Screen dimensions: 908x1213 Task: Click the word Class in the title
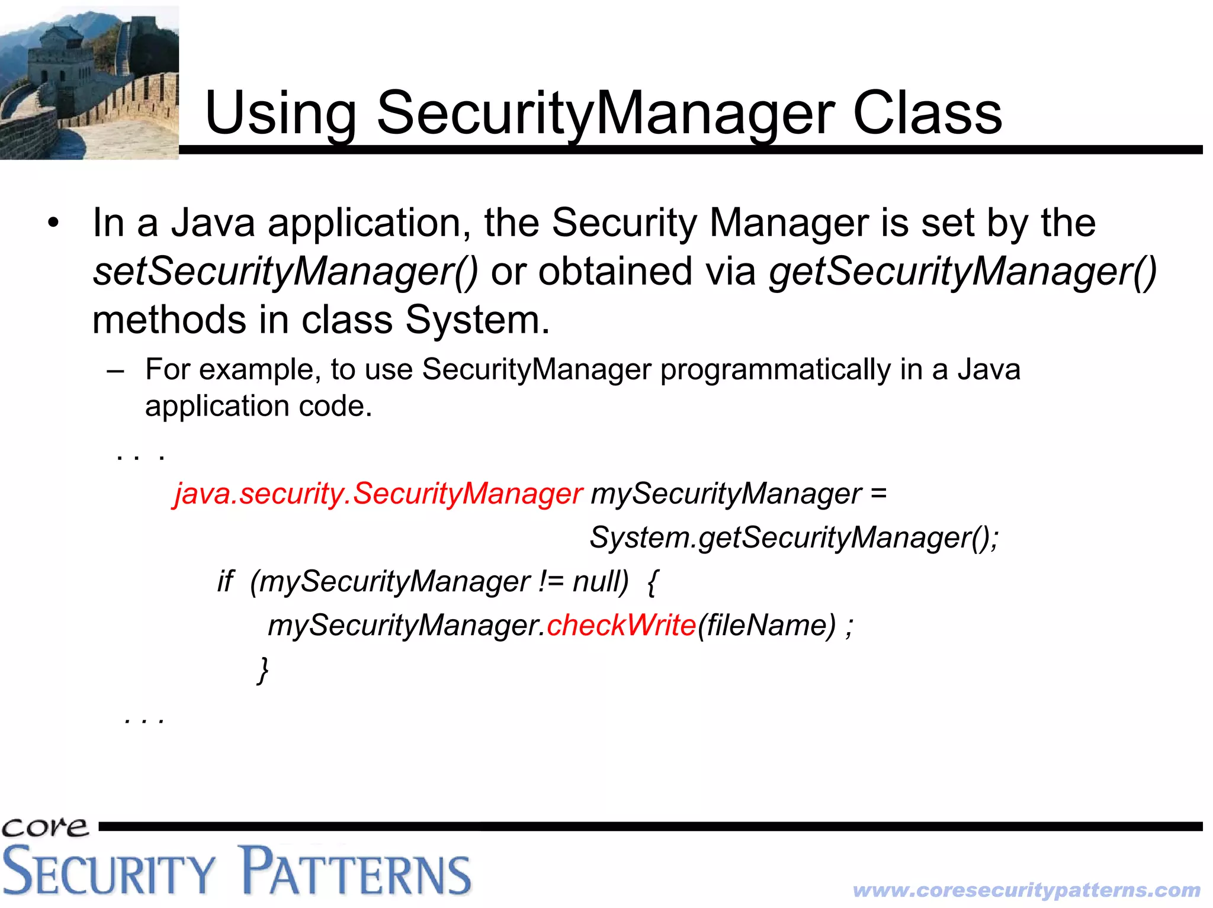coord(927,112)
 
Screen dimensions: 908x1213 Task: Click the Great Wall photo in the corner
coord(89,83)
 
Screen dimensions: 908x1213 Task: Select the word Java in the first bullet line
coord(213,223)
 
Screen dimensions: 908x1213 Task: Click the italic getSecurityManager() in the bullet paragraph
coord(962,272)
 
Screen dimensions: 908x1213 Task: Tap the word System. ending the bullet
coord(477,320)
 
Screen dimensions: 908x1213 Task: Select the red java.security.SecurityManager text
coord(378,494)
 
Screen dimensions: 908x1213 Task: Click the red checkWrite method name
coord(621,625)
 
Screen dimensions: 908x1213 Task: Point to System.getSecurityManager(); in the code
coord(794,537)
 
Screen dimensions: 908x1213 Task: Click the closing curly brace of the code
coord(263,670)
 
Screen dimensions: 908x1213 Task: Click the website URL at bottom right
coord(1026,890)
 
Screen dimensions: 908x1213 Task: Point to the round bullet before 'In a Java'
coord(54,224)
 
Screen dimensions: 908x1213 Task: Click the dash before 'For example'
coord(115,371)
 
